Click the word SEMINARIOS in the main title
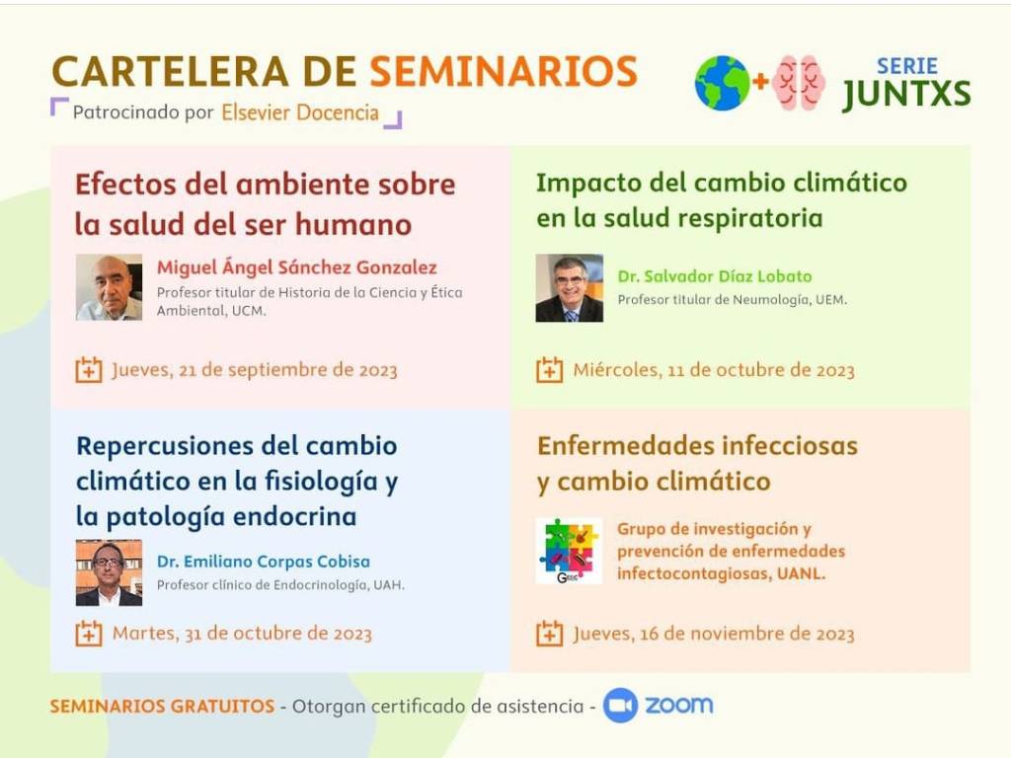[504, 71]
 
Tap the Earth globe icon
[722, 83]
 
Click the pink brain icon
[799, 83]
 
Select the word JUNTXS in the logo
[906, 94]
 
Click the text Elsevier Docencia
[300, 113]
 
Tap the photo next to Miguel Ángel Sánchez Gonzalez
[109, 287]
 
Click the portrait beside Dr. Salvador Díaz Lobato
[570, 287]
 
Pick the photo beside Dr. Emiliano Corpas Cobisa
[109, 573]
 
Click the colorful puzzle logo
[569, 551]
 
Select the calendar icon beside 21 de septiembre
[88, 370]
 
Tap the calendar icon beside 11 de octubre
[549, 370]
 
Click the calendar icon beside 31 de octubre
[88, 634]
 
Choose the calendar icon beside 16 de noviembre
[549, 634]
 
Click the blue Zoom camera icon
[620, 705]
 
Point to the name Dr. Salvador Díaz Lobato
[715, 276]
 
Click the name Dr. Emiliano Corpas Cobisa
[263, 562]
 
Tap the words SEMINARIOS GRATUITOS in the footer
[163, 707]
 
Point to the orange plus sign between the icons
[761, 81]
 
